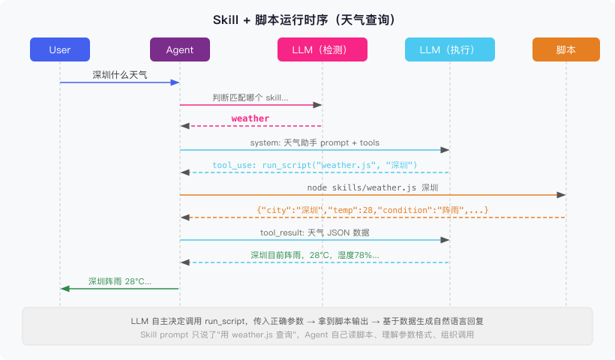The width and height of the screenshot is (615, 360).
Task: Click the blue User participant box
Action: pos(60,49)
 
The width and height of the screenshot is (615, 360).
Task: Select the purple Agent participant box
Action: pos(180,49)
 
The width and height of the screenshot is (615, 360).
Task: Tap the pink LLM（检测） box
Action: pos(322,49)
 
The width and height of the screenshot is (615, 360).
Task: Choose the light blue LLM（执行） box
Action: pos(450,49)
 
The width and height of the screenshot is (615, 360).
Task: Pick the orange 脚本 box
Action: pos(566,49)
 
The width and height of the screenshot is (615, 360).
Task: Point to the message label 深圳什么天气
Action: pos(120,75)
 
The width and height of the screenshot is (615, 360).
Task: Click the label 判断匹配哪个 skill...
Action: pos(250,97)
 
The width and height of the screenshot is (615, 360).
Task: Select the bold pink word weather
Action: pos(250,118)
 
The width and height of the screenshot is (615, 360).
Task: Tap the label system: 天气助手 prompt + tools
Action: pos(314,142)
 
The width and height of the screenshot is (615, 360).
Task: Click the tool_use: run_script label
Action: pos(314,164)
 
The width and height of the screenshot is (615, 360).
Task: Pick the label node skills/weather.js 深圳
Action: pos(373,187)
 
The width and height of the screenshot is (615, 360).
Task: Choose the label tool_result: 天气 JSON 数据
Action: pos(314,232)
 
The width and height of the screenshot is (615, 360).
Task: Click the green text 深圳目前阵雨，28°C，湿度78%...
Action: pos(314,255)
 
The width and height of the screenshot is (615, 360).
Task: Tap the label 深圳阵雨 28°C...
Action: pos(120,281)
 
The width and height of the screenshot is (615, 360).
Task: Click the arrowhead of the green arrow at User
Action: pos(64,289)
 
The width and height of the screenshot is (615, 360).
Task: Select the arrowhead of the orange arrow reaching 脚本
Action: pos(562,195)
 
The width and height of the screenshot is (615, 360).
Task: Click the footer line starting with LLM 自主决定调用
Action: pos(307,321)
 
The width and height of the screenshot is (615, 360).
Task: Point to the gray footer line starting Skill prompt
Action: pos(307,334)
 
